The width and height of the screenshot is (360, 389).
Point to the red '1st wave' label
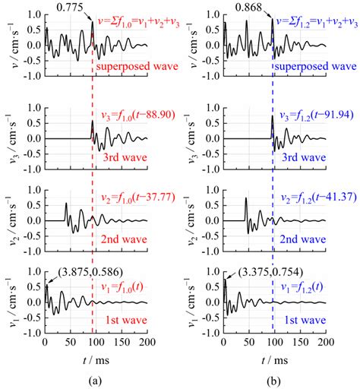(x=123, y=321)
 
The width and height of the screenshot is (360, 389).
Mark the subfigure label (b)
(x=268, y=378)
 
